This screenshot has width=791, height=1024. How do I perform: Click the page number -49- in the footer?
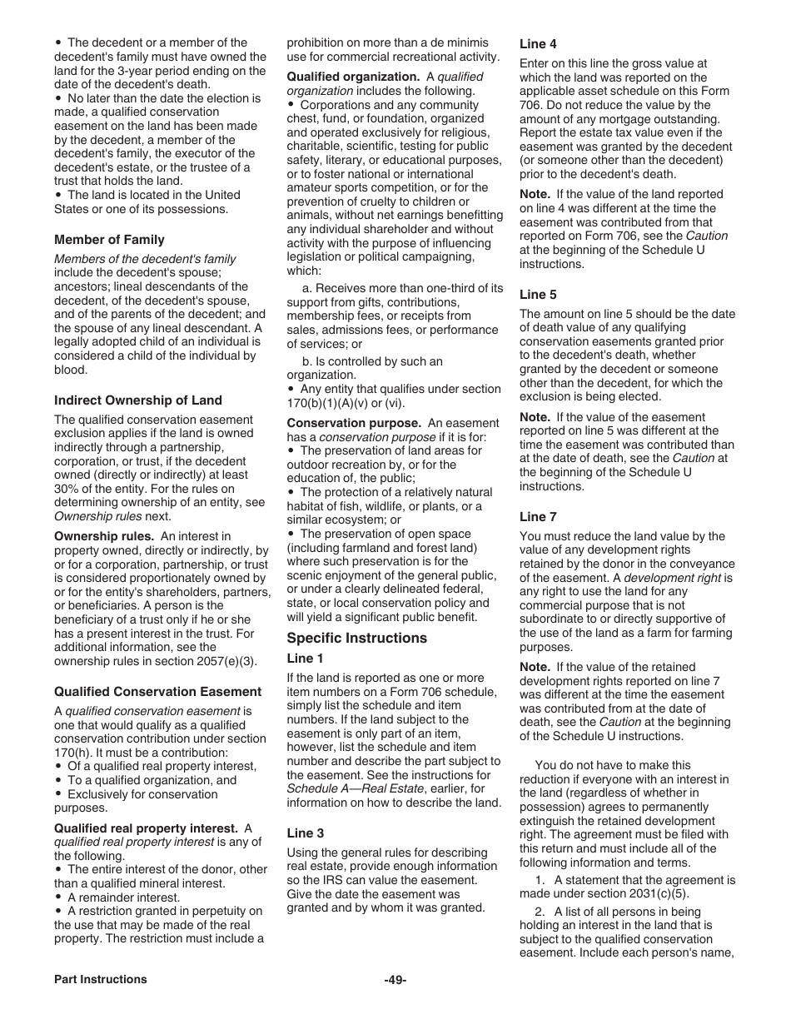coord(395,980)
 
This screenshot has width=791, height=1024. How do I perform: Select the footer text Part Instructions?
coord(101,980)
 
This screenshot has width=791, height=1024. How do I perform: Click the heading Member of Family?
coord(109,240)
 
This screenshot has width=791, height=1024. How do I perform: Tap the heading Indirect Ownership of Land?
coord(138,400)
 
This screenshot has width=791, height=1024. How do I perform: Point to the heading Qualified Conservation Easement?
coord(157,692)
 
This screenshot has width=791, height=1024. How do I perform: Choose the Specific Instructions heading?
coord(356,638)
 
